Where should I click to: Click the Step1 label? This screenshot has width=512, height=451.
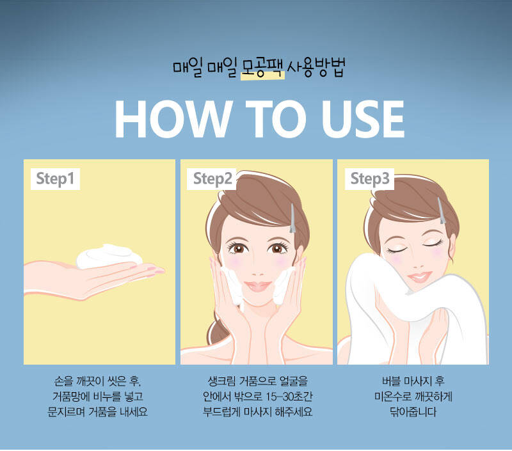coord(55,179)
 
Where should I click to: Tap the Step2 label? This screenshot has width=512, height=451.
coord(212,179)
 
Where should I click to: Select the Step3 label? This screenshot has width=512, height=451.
coord(370,179)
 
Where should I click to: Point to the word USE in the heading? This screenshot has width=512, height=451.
coord(363,119)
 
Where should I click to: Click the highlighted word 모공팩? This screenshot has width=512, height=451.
coord(262,68)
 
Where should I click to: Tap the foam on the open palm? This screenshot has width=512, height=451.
coord(109,256)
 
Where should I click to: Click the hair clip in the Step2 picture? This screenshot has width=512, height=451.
coord(292,218)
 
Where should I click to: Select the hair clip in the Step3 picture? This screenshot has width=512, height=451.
coord(442,211)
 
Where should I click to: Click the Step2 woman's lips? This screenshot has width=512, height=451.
coord(258,286)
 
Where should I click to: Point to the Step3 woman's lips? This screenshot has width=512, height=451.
coord(420,277)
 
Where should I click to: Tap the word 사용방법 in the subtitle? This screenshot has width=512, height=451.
coord(316,68)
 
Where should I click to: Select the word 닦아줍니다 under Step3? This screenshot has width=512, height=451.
coord(413,412)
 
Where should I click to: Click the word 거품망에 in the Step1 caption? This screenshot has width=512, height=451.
coord(71,397)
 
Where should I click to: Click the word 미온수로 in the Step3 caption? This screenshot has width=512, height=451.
coord(392,397)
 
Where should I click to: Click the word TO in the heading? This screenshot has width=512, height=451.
coord(276,119)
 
